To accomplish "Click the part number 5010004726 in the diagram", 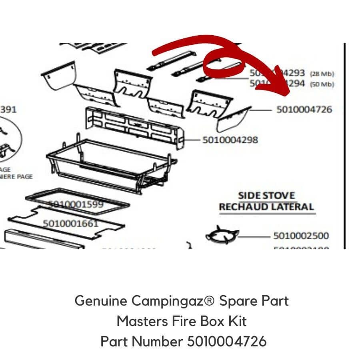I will (304, 109).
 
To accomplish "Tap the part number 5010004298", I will (230, 140).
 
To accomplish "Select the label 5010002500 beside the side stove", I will (301, 236).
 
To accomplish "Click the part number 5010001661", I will (70, 223).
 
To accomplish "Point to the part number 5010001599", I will (76, 204).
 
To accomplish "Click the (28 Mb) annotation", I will (322, 74).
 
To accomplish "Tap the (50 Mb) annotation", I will (322, 84).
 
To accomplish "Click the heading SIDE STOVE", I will (266, 196).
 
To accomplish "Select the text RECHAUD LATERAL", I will (266, 207).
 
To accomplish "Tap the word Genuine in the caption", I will (101, 301).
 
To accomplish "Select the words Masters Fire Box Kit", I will (182, 321).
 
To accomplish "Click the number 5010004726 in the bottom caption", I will (226, 342).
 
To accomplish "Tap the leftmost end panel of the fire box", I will (59, 75).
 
